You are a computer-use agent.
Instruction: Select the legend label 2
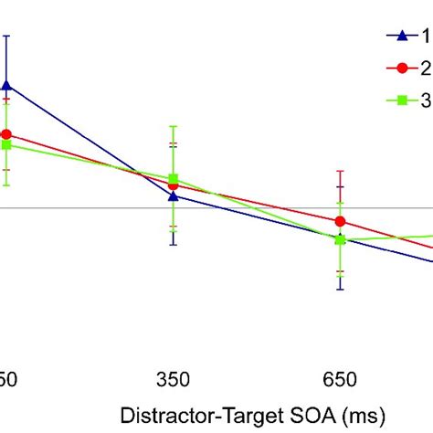[x=425, y=68]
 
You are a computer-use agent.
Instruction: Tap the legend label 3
[x=425, y=100]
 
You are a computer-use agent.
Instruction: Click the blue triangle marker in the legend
[x=399, y=36]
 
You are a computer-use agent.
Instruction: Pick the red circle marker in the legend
[x=399, y=68]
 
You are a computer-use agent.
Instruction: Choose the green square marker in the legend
[x=399, y=100]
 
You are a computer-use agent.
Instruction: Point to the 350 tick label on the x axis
[x=173, y=377]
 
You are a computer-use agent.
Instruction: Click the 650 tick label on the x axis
[x=341, y=377]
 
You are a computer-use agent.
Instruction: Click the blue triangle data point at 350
[x=173, y=195]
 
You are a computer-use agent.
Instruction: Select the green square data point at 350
[x=173, y=179]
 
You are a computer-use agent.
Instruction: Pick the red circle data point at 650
[x=341, y=221]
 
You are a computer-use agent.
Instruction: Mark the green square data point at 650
[x=341, y=239]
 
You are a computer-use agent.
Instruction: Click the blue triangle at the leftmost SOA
[x=6, y=85]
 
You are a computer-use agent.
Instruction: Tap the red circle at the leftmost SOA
[x=6, y=134]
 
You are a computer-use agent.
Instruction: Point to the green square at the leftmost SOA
[x=6, y=144]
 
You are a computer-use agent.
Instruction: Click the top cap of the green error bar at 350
[x=173, y=125]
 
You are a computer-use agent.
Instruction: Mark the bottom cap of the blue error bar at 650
[x=341, y=290]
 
